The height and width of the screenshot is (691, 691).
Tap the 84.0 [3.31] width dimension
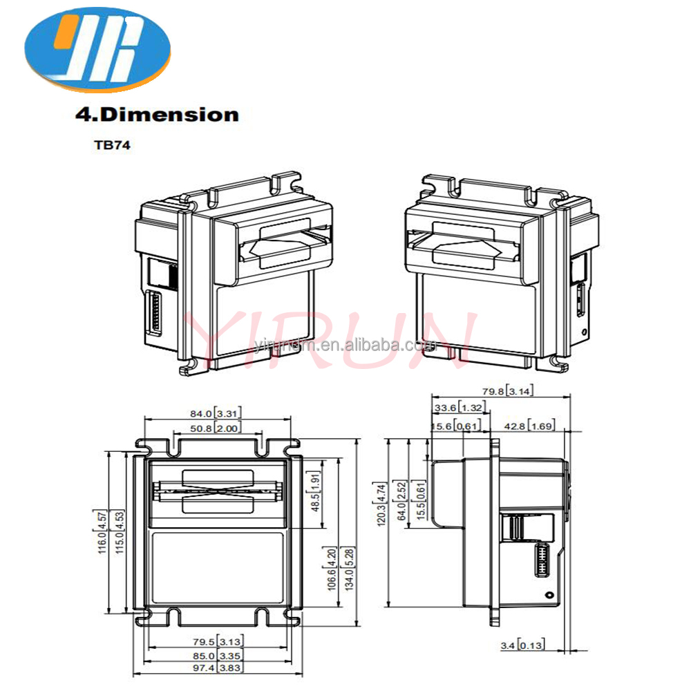(x=216, y=413)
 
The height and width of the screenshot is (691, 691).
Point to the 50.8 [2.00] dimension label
(x=216, y=428)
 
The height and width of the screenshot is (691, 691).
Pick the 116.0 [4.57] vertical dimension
(x=101, y=532)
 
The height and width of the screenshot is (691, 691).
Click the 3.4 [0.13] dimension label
(x=522, y=645)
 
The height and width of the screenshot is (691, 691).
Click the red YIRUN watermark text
(x=332, y=339)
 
